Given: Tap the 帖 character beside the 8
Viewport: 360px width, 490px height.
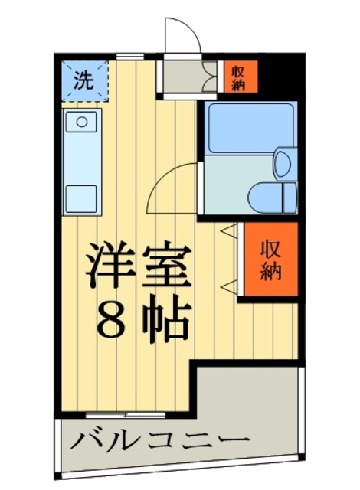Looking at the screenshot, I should click(x=165, y=322).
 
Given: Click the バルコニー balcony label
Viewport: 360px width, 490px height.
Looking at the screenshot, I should click(x=161, y=441).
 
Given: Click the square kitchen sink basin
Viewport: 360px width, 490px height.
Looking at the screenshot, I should click(x=79, y=122).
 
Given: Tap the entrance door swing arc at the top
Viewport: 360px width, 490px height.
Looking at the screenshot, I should click(x=182, y=34).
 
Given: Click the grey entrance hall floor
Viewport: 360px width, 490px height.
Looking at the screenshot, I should click(x=182, y=77).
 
